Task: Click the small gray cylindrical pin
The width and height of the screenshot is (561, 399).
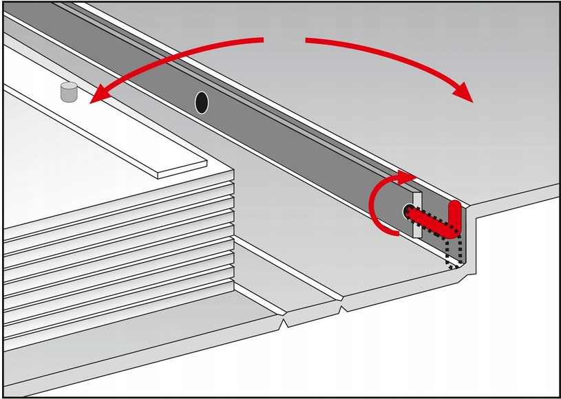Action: [x=69, y=91]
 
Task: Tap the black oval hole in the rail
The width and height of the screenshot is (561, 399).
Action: [x=201, y=102]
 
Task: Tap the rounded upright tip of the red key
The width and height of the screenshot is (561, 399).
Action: [x=454, y=208]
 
